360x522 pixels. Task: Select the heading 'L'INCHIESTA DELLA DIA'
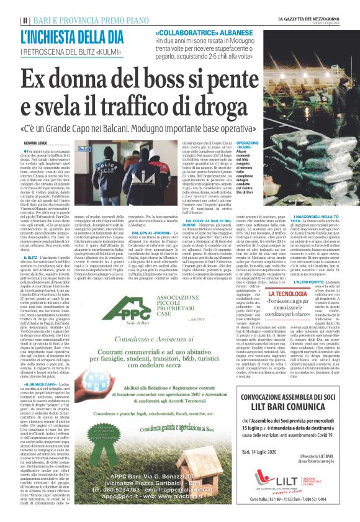[x=69, y=36]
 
